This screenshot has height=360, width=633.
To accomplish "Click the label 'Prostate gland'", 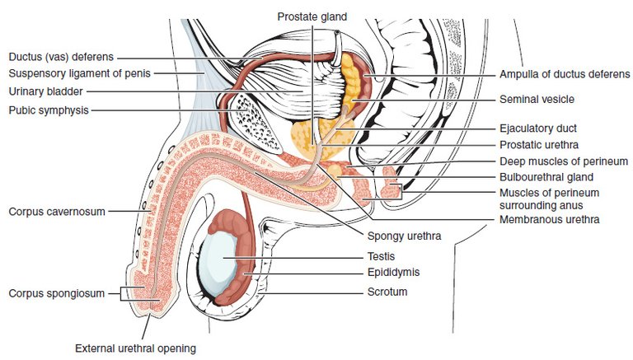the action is coord(312,17).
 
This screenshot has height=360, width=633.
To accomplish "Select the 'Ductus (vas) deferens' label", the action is coord(61,57).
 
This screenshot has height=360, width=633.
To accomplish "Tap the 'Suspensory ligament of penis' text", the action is coord(79,73).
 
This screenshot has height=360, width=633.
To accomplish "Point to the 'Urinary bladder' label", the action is coord(45,91).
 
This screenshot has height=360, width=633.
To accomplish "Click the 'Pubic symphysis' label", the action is coord(49,110).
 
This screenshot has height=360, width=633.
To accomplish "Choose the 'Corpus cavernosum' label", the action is coord(57,212).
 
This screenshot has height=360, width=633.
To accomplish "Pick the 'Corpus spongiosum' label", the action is coord(57,293).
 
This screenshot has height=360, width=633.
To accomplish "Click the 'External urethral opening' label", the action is coord(136,348).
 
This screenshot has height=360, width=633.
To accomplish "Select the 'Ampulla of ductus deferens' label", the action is coord(565,74).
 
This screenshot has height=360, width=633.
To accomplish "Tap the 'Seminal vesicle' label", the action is coord(537,100).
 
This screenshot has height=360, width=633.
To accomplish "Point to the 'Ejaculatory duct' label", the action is coord(538,129).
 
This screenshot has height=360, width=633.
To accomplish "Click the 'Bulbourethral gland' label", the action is coord(546,177).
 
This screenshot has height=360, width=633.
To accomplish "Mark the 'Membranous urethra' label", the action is coord(550,220).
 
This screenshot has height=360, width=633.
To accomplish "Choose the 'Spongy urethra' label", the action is coord(404,236).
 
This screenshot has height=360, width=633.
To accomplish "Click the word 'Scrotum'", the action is coord(387,292).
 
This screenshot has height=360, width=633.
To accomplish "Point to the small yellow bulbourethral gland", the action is coord(335,170).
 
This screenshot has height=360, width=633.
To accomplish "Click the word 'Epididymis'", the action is coord(394,273).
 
